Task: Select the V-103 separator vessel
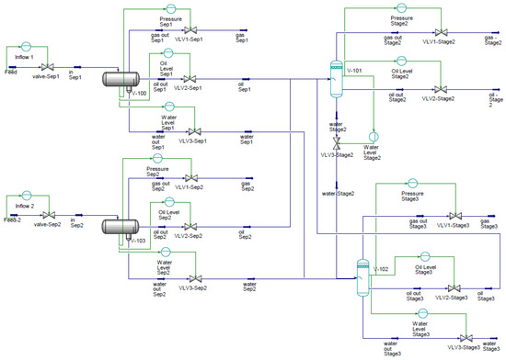point(118,226)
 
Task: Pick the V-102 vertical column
point(362,272)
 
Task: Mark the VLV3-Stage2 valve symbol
point(336,146)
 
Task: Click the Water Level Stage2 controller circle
point(373,137)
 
